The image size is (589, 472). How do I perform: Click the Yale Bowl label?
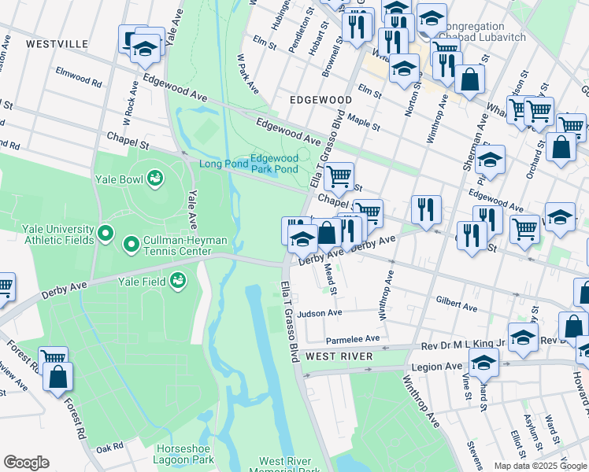[x=120, y=179]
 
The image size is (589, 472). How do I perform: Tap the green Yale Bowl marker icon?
[x=155, y=179]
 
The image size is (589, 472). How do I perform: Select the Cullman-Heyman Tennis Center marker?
[x=131, y=246]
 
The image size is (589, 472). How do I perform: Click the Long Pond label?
[x=223, y=164]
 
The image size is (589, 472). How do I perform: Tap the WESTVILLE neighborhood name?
[x=57, y=44]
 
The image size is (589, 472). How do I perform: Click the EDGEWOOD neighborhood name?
[x=320, y=101]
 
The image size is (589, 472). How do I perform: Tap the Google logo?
[x=26, y=463]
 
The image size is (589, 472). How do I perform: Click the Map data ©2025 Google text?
[x=540, y=466]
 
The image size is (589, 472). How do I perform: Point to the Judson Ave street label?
[x=320, y=313]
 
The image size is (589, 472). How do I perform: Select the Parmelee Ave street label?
[x=353, y=339]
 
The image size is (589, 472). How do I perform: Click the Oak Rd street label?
[x=109, y=447]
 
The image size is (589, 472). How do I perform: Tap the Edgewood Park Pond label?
[x=274, y=164]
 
